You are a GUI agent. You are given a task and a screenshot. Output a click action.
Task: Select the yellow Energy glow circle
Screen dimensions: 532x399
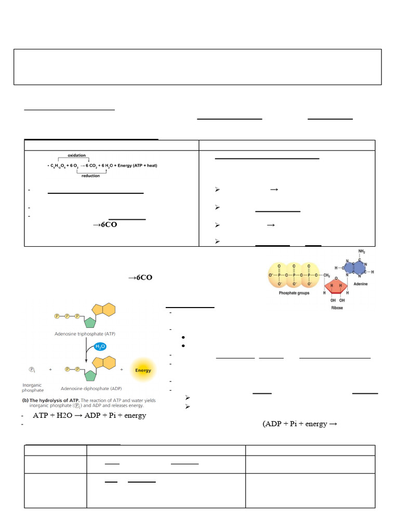click(x=143, y=370)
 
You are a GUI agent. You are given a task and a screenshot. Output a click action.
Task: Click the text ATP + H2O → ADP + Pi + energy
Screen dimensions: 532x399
click(x=89, y=416)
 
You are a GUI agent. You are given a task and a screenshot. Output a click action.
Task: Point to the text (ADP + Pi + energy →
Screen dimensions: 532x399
click(x=300, y=424)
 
